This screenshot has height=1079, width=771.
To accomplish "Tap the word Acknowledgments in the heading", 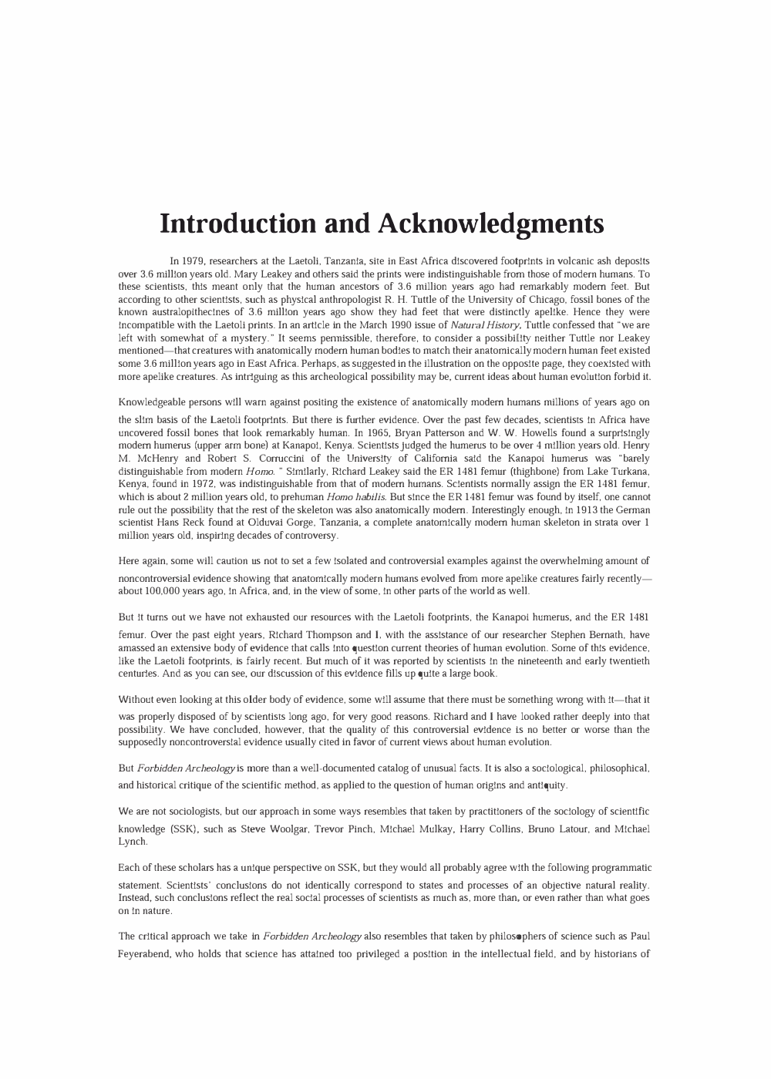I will [490, 224].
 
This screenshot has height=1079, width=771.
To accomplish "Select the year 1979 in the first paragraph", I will [192, 261].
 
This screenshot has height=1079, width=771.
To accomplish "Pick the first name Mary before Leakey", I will [258, 274].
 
